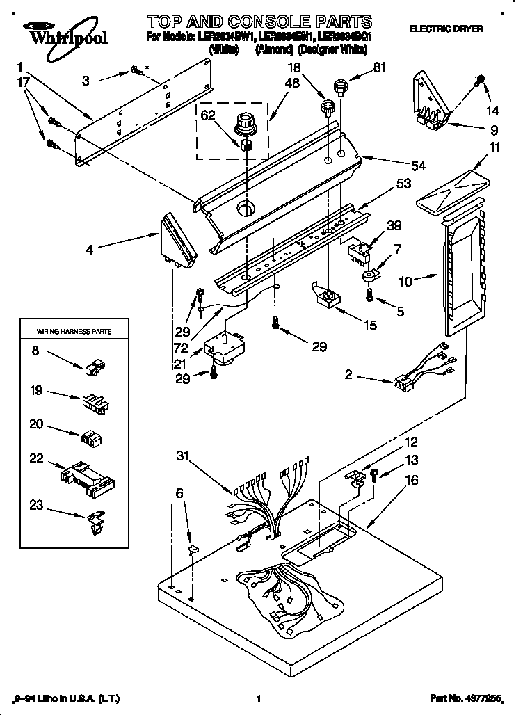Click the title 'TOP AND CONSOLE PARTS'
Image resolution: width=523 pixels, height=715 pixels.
coord(260,22)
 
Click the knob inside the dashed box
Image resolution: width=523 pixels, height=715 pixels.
coord(247,124)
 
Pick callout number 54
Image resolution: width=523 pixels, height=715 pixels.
coord(418,166)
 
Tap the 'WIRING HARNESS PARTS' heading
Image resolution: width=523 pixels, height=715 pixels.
coord(65,331)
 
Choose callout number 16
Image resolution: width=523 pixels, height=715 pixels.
coord(412,479)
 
